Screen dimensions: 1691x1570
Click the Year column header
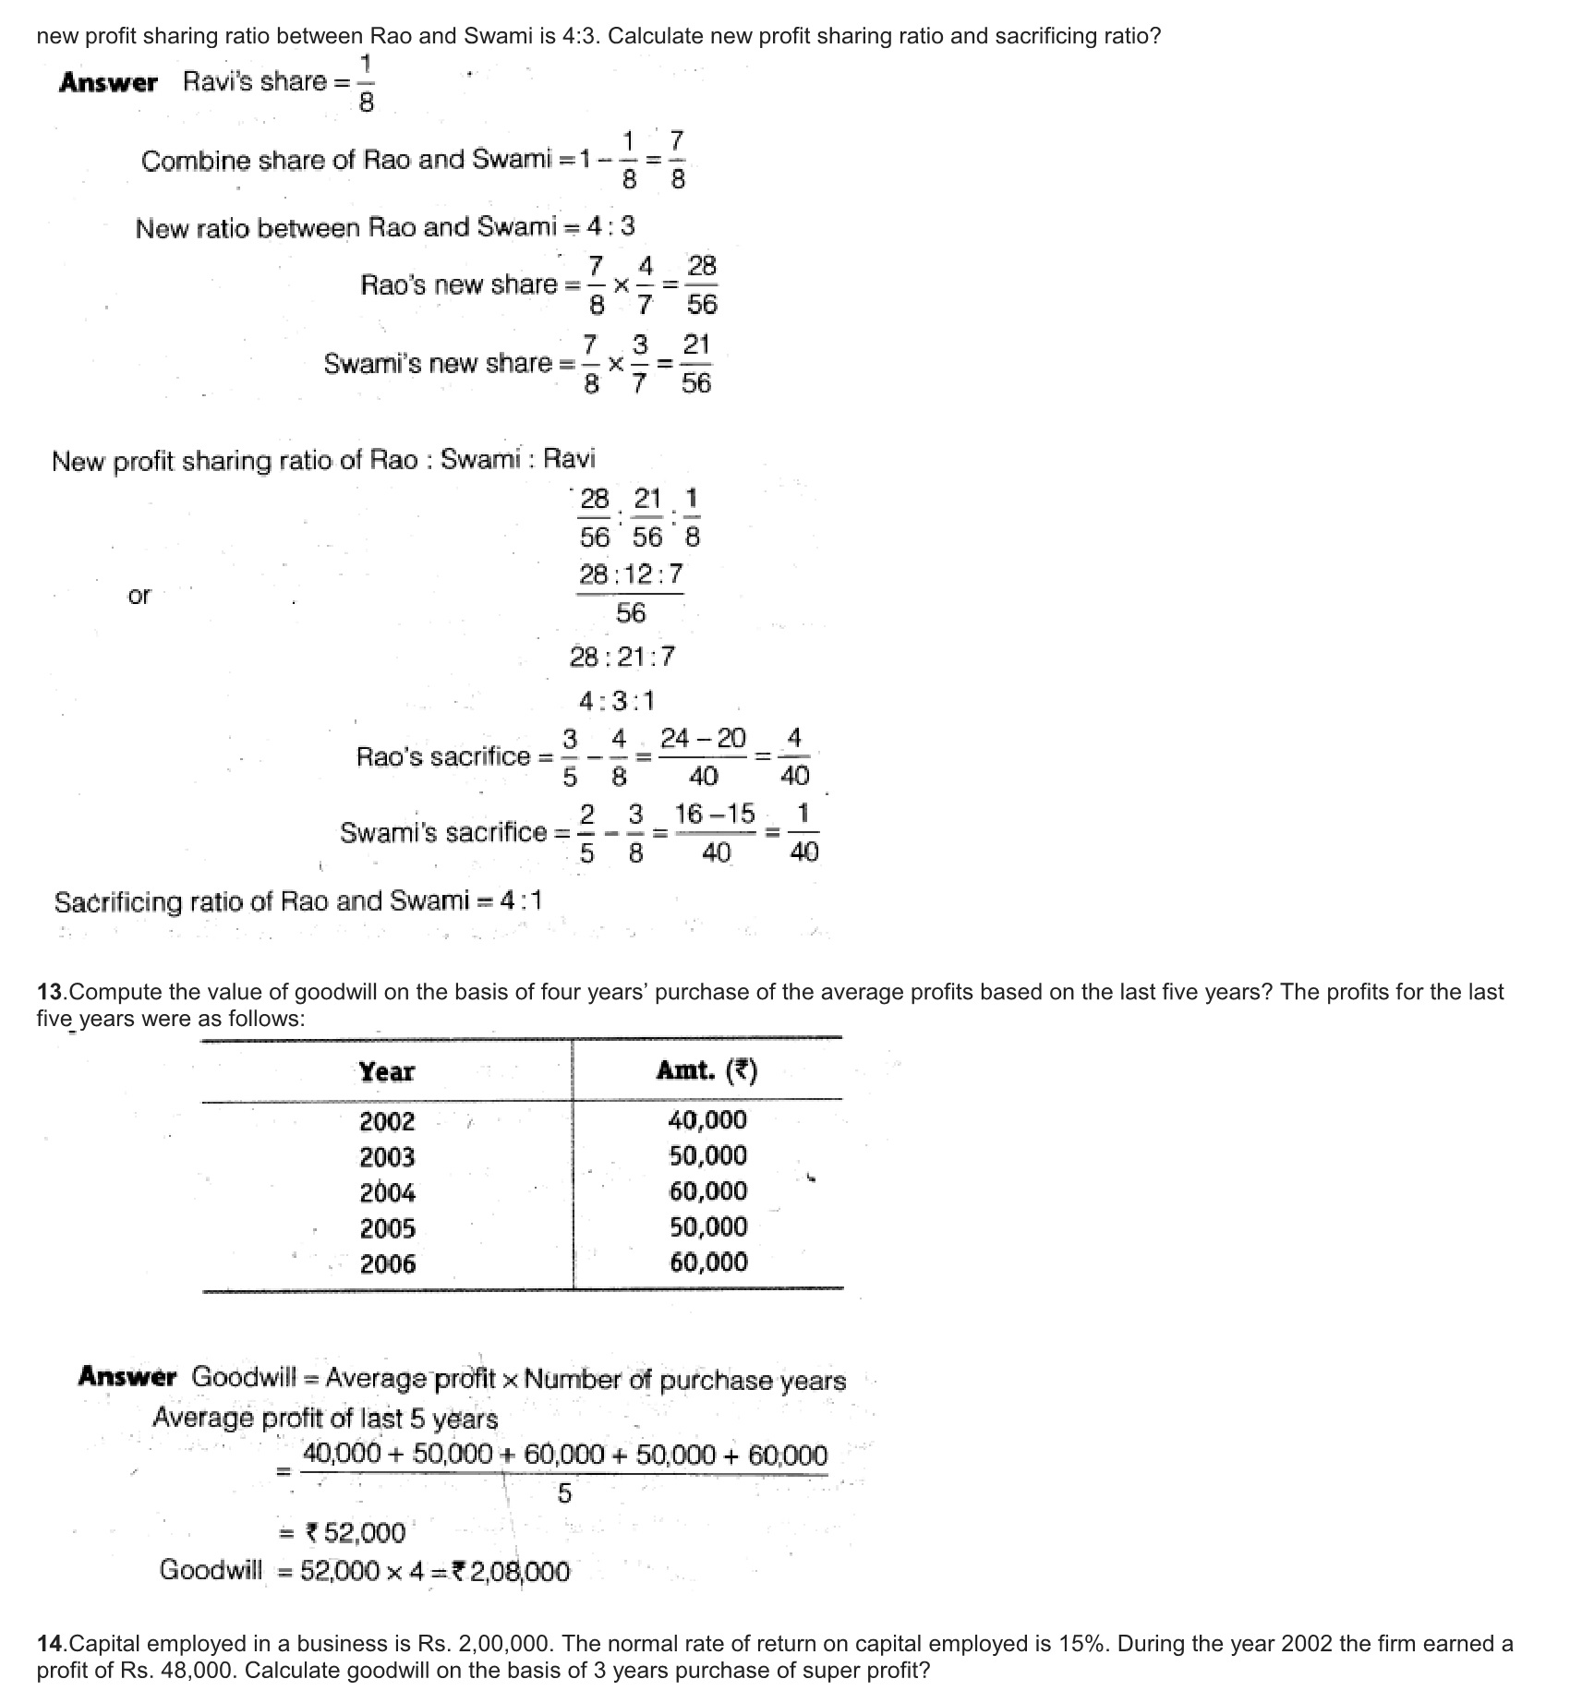coord(386,1071)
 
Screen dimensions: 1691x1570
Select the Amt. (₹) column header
coord(706,1070)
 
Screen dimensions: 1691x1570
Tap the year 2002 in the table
coord(387,1121)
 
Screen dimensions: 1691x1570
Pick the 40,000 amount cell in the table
coord(707,1120)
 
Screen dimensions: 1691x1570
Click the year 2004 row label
coord(387,1192)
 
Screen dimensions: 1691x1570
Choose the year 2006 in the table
coord(387,1263)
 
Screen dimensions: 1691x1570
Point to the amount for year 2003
coord(707,1155)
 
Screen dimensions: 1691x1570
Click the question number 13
coord(52,992)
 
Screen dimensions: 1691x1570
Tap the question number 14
coord(52,1643)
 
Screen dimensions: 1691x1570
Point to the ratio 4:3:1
coord(617,701)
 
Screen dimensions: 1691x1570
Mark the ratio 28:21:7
coord(622,657)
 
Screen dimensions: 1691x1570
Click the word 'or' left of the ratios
coord(139,596)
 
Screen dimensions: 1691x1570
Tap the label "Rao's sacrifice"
coord(443,757)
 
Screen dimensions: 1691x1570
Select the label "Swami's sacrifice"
coord(443,832)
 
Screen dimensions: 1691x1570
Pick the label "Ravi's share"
coord(255,81)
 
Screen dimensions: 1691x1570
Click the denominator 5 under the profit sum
coord(564,1493)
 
